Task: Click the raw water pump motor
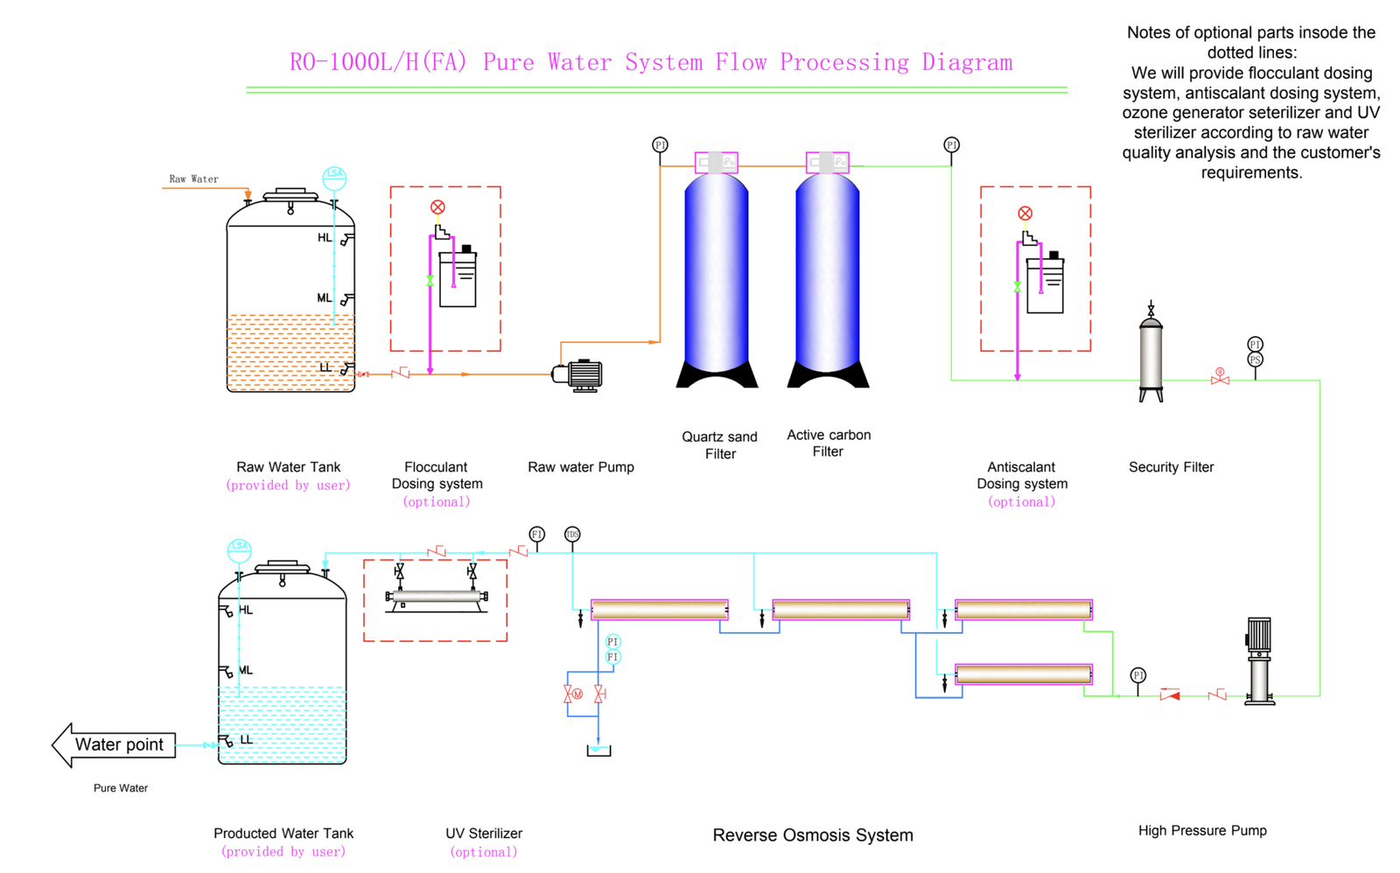coord(581,375)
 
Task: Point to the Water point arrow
coord(114,745)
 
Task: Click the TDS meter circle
coord(572,534)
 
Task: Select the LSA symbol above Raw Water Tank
coord(334,176)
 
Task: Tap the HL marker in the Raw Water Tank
coord(325,238)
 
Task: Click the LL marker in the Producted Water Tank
coord(246,740)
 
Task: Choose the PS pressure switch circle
coord(1255,360)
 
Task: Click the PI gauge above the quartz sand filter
coord(660,144)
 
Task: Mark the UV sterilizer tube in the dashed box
coord(437,597)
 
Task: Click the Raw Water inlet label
coord(193,179)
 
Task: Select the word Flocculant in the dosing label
coord(436,467)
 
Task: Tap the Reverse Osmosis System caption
coord(812,835)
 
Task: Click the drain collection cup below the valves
coord(598,751)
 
